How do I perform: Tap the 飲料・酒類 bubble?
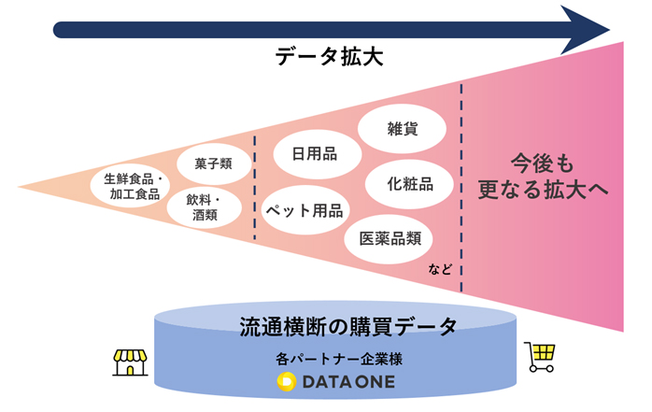pos(203,206)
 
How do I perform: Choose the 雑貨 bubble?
pos(402,130)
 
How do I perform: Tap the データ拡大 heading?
pos(331,57)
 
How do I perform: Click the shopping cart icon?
pos(541,356)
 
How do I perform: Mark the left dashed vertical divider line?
pos(257,182)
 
